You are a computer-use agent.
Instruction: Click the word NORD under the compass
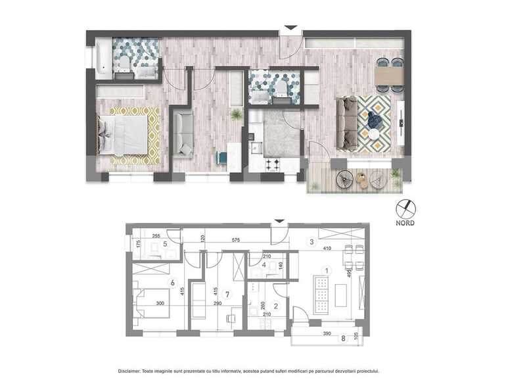pos(405,222)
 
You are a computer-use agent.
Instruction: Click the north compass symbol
pos(405,209)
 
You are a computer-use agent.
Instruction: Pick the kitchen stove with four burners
pos(273,164)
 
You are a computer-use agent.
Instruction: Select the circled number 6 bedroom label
pos(172,283)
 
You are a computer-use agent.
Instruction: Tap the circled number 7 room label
pos(228,295)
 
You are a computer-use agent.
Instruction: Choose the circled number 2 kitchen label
pos(276,305)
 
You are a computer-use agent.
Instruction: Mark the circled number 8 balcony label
pos(343,339)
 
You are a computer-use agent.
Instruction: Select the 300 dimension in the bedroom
pos(160,303)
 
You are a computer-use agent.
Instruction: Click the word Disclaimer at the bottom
pos(133,371)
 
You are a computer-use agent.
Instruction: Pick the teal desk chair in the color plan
pos(221,158)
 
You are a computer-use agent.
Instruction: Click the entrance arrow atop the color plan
pos(289,30)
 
